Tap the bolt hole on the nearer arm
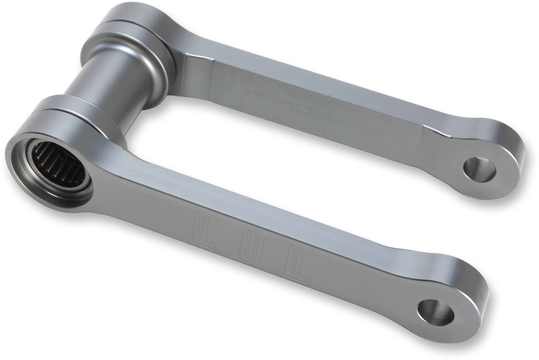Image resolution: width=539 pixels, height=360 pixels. (x=435, y=312)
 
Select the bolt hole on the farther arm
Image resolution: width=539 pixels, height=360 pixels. (x=479, y=169)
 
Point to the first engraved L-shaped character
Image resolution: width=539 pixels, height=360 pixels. (x=204, y=229)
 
